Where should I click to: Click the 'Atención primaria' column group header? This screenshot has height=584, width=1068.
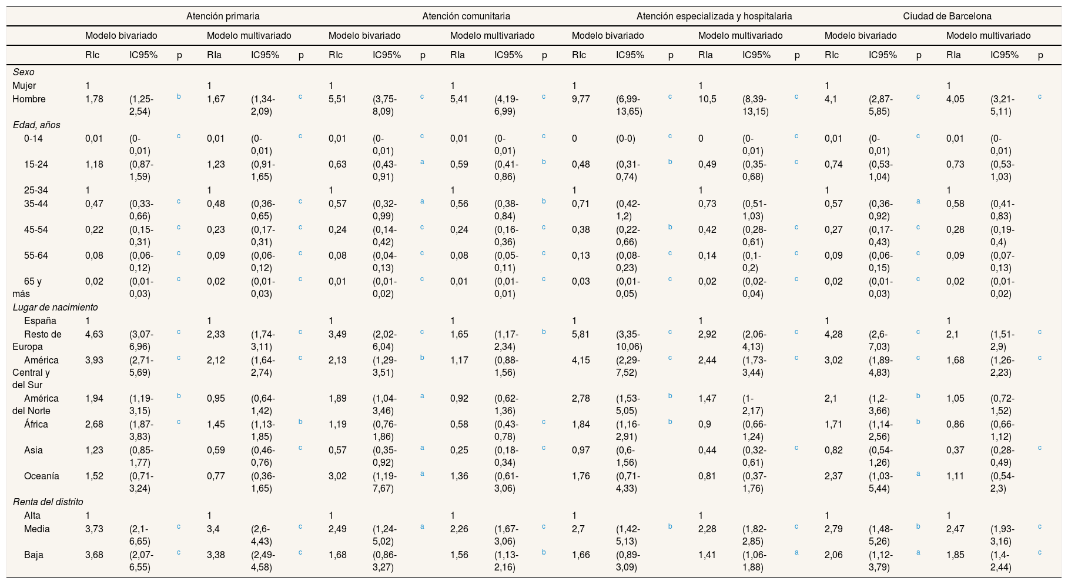223,16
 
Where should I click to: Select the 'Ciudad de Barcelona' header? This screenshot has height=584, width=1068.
947,16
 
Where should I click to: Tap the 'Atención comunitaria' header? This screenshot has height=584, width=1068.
466,16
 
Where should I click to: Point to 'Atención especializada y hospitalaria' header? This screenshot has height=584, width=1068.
714,16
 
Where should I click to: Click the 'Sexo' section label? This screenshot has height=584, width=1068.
24,72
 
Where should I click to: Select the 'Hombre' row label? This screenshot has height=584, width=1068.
29,99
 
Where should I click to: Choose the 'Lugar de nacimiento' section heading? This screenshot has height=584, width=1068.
55,307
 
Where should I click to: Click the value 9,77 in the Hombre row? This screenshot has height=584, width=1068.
581,99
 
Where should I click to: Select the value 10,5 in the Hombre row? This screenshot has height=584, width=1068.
707,99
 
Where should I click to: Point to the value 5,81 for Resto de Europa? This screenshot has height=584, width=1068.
581,334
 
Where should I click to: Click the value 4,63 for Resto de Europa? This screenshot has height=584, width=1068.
94,334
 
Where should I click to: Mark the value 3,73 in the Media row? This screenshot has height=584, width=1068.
94,529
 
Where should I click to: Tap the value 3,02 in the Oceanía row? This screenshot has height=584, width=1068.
337,476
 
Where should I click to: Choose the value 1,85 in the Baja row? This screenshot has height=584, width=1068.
955,555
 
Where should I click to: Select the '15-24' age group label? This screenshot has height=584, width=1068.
36,164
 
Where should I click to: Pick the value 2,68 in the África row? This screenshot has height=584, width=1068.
94,424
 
